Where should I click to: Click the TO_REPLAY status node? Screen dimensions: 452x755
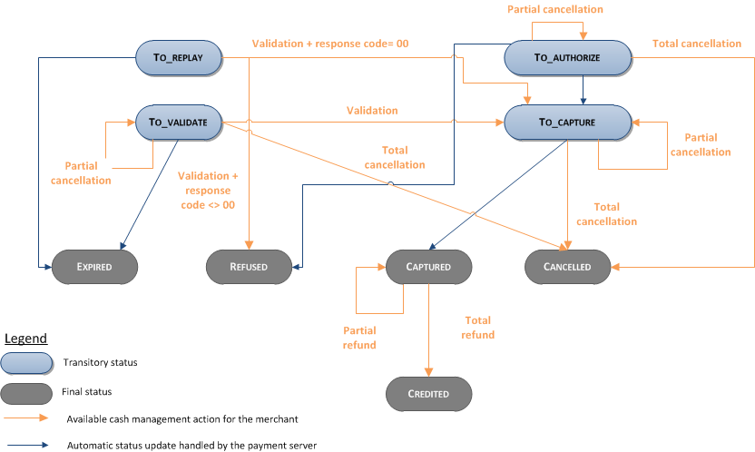(x=178, y=57)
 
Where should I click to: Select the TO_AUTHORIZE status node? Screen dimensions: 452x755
(x=568, y=57)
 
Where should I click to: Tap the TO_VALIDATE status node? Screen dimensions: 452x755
(x=178, y=122)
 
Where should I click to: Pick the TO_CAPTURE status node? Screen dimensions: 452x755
(x=568, y=122)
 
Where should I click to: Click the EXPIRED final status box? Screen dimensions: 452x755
(x=95, y=267)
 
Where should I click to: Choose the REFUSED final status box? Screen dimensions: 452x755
(x=250, y=267)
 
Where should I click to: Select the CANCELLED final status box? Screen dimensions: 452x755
(x=568, y=267)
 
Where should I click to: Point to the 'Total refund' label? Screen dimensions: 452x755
(x=478, y=328)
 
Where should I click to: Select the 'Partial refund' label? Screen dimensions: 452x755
(x=360, y=338)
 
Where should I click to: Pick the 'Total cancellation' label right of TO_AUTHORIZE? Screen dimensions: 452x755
(x=696, y=44)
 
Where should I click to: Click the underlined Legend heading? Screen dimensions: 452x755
(x=25, y=339)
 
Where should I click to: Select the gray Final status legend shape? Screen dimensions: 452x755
(x=25, y=393)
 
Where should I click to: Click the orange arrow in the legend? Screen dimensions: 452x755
(x=25, y=419)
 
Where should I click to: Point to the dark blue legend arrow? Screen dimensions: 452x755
(x=25, y=445)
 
